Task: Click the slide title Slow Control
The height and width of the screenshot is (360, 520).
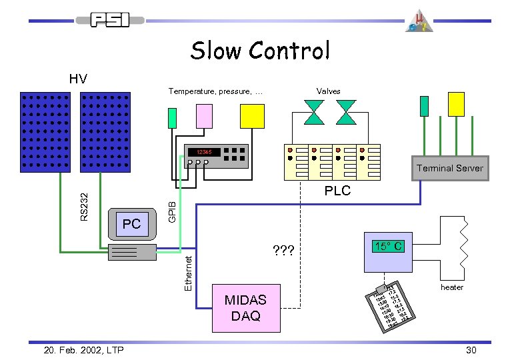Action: pyautogui.click(x=260, y=51)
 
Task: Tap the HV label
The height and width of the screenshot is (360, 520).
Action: pyautogui.click(x=78, y=79)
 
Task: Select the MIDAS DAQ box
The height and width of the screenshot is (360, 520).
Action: pyautogui.click(x=245, y=308)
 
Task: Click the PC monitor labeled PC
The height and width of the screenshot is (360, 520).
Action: pyautogui.click(x=131, y=223)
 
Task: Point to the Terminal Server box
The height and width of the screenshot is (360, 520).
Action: pyautogui.click(x=450, y=168)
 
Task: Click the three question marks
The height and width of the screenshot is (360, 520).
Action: pyautogui.click(x=285, y=251)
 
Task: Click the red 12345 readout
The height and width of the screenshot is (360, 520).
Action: pyautogui.click(x=200, y=152)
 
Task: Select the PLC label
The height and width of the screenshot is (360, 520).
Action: pyautogui.click(x=337, y=191)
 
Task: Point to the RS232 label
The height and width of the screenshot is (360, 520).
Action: pyautogui.click(x=83, y=207)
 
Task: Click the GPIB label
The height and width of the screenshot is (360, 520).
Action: pyautogui.click(x=171, y=212)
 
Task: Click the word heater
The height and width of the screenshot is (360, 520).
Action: pyautogui.click(x=451, y=287)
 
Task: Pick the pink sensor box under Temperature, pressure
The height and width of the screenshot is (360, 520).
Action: pyautogui.click(x=203, y=116)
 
